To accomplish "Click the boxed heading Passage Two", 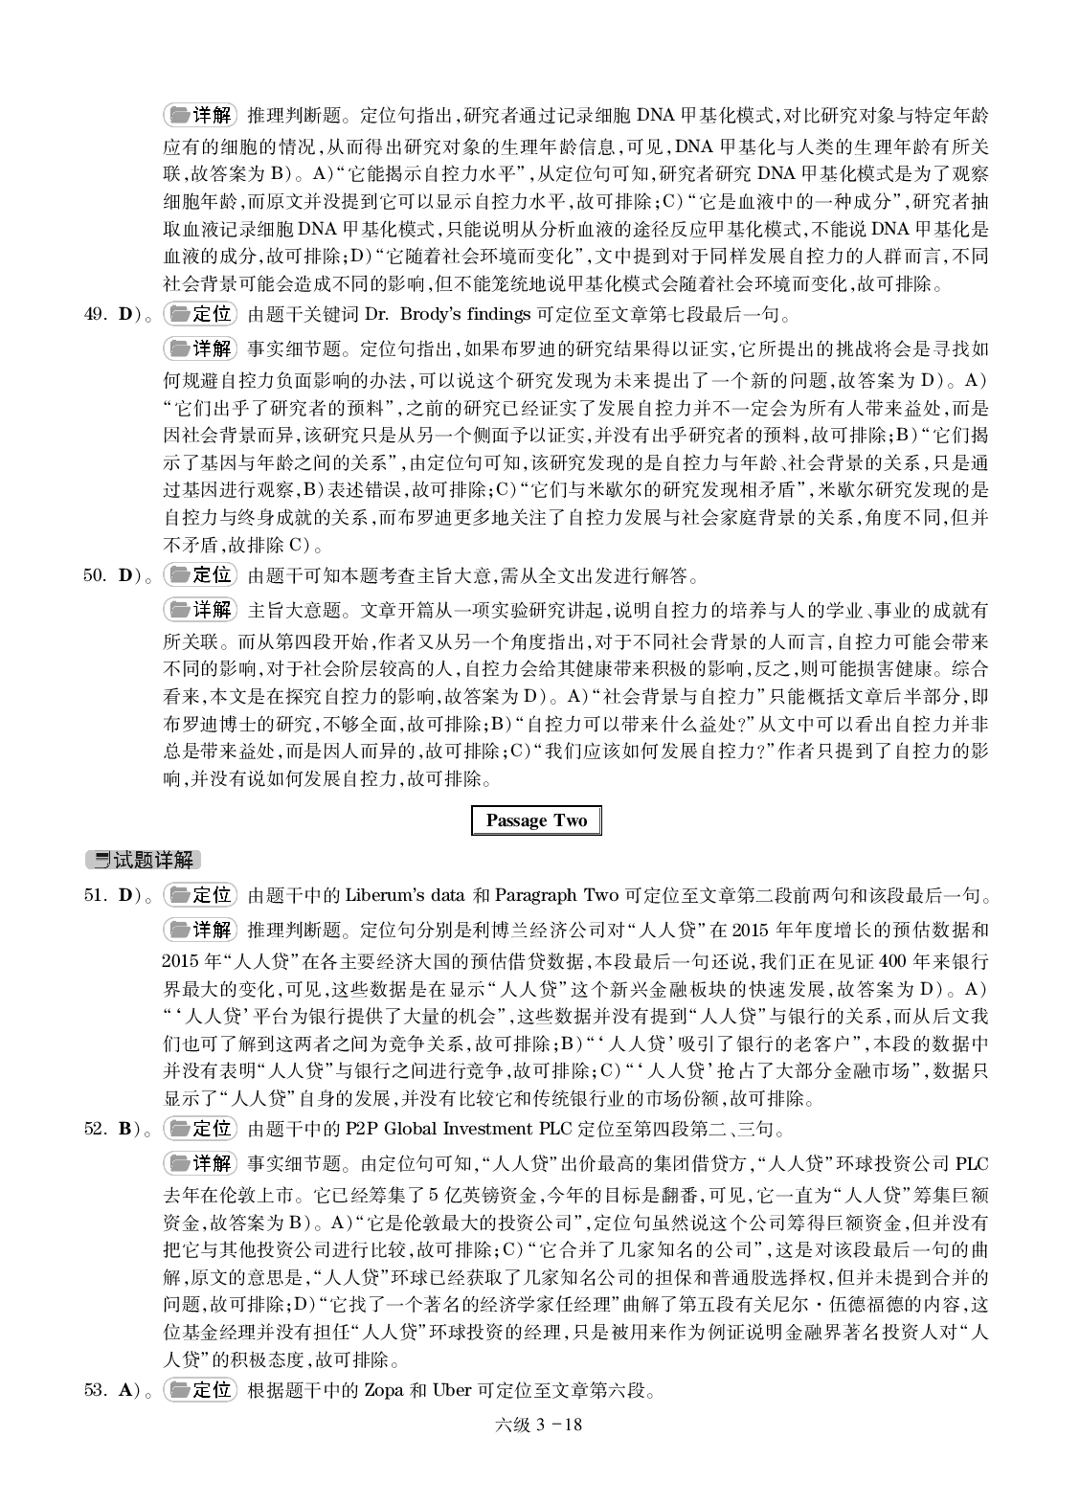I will pos(536,820).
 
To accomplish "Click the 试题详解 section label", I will pos(144,860).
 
